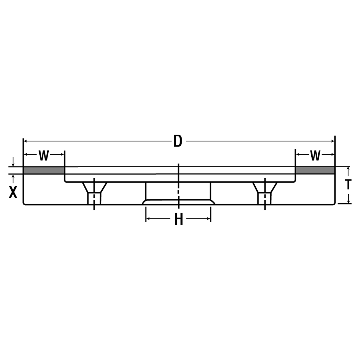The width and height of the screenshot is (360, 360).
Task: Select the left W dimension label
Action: point(44,156)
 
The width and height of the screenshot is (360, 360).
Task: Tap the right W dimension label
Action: point(315,156)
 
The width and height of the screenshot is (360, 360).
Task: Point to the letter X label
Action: point(13,192)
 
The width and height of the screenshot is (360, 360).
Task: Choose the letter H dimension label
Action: point(178,219)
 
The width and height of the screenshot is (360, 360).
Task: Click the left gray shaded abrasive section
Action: point(44,170)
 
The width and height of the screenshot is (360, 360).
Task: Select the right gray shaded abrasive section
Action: point(315,170)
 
